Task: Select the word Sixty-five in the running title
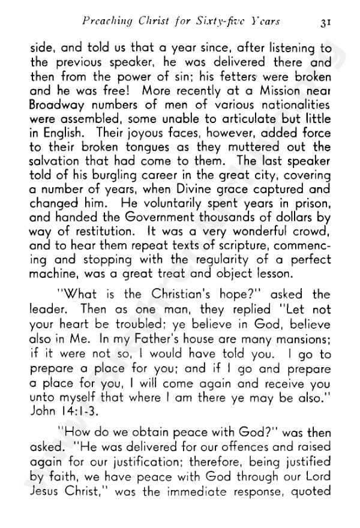[x=221, y=22]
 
